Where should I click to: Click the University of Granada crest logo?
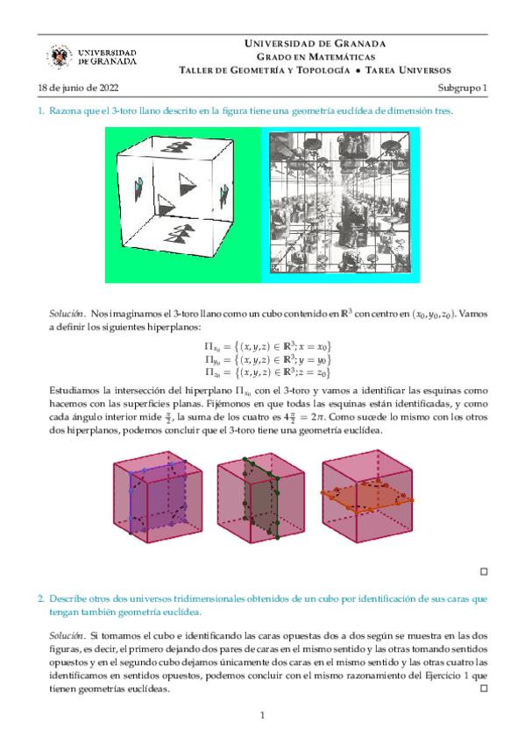[x=59, y=57]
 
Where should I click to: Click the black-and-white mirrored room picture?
[x=340, y=205]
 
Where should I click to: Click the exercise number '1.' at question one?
[x=41, y=111]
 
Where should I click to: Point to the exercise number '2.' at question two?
[x=41, y=598]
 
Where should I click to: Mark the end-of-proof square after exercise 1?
[x=483, y=571]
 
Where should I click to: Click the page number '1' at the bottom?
[x=262, y=718]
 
